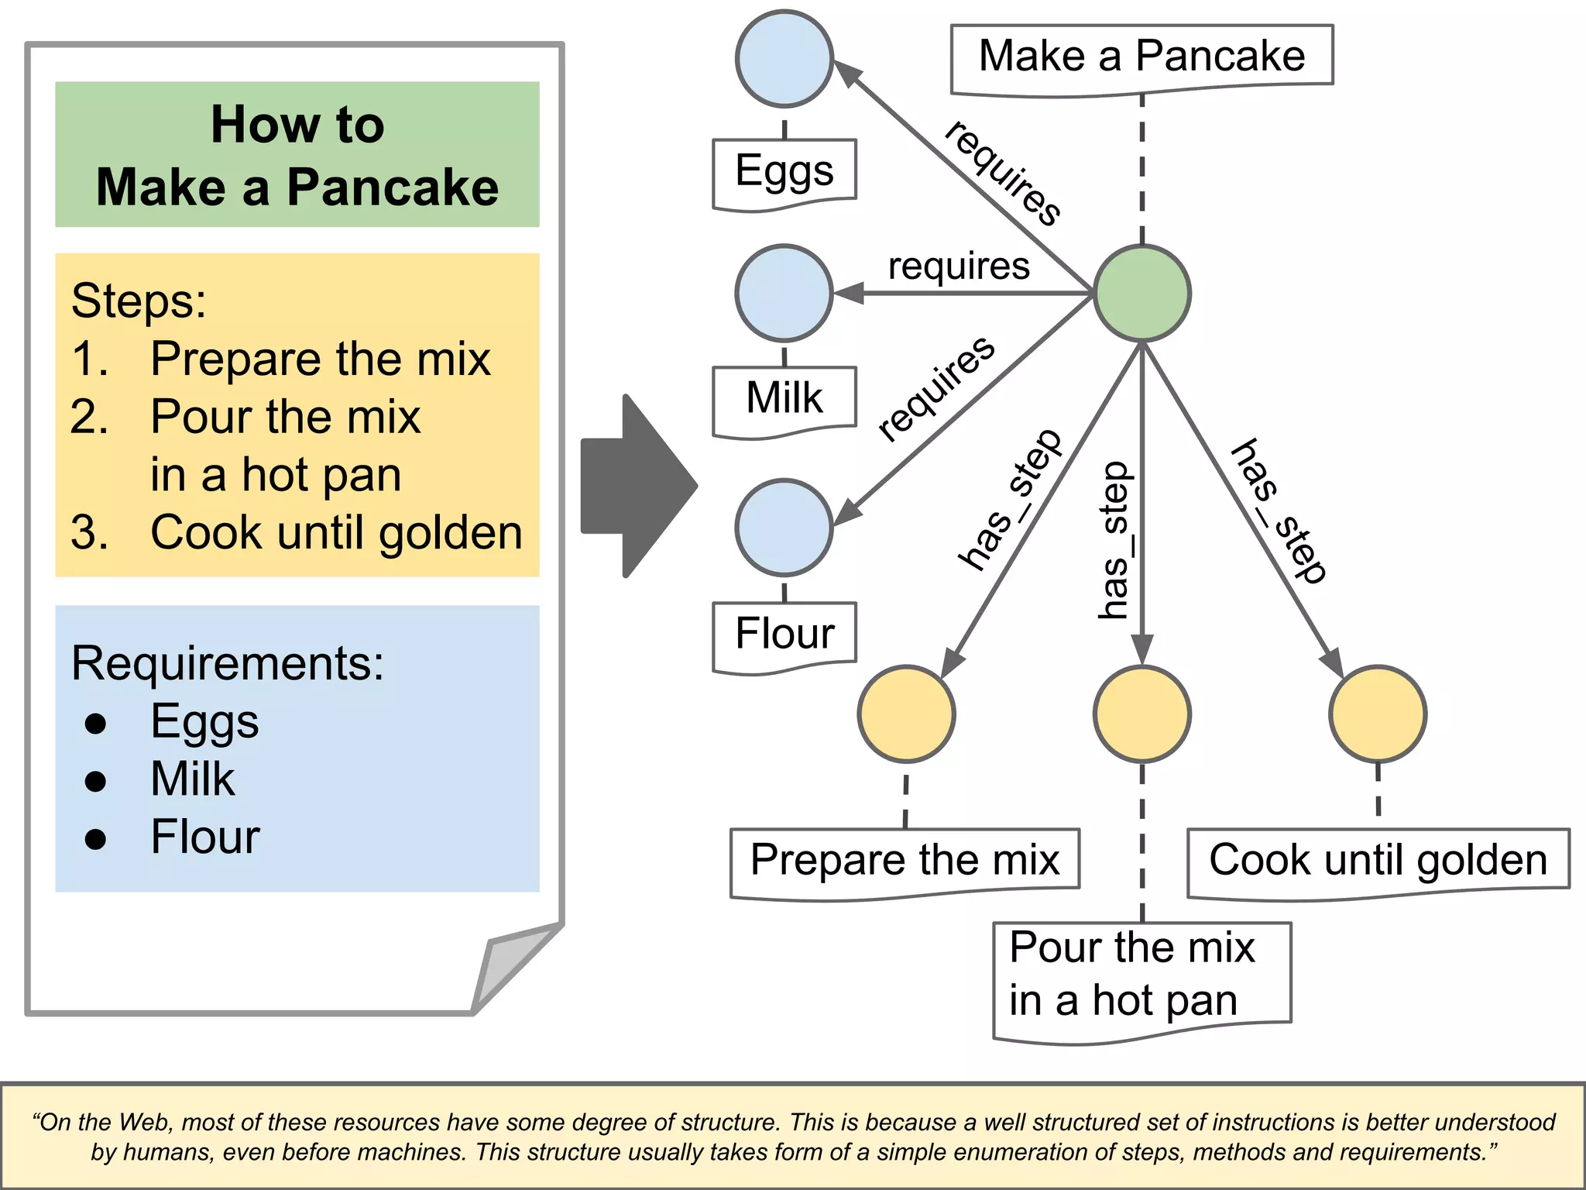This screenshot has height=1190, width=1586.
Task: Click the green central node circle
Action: point(1141,294)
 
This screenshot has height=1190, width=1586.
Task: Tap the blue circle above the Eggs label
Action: point(784,59)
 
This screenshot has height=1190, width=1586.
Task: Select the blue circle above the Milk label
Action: point(784,294)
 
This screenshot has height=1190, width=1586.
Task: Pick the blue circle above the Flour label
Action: point(784,528)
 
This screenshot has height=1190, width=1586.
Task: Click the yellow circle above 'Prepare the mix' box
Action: point(906,714)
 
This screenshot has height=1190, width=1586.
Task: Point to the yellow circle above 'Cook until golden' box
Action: point(1378,714)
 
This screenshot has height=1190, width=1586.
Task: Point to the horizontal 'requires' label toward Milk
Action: point(959,267)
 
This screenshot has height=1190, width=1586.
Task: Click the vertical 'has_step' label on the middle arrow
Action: point(1115,540)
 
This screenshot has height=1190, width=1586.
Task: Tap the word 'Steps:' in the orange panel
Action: point(139,301)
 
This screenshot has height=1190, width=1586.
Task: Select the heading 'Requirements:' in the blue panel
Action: point(227,663)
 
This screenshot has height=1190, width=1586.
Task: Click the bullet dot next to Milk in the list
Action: point(95,781)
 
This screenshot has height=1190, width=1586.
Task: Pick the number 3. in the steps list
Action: point(88,533)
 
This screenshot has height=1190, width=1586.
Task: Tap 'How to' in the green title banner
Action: point(297,124)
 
